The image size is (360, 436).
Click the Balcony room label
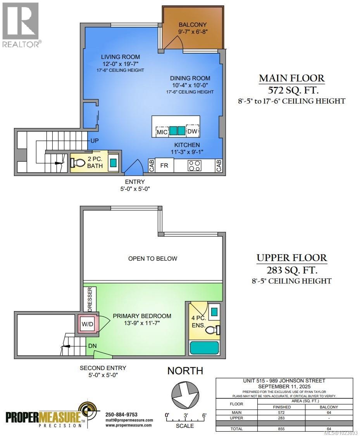tap(193, 25)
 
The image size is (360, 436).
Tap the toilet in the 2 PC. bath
tap(76, 163)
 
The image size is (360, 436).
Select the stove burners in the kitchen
tap(194, 166)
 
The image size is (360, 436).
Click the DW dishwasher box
tap(193, 131)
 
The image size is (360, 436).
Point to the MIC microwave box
tap(162, 132)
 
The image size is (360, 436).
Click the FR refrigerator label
tap(164, 166)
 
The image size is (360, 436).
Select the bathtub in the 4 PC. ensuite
tap(205, 348)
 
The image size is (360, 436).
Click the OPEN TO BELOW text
tap(153, 258)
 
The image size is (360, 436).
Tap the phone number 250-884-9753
tap(121, 414)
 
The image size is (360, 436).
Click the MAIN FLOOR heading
tap(291, 78)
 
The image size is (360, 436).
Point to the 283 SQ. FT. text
tap(291, 269)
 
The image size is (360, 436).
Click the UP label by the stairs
tap(94, 140)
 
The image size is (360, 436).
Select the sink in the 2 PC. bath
tap(113, 163)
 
